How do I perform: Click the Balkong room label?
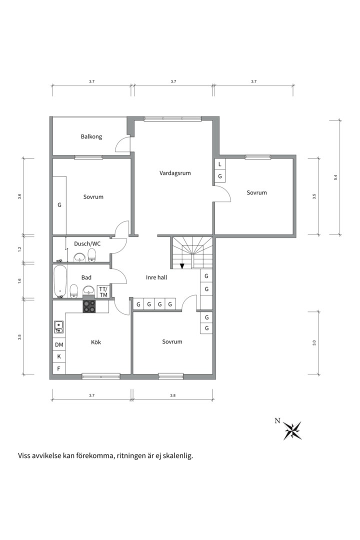click(x=91, y=136)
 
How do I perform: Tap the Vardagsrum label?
click(x=175, y=173)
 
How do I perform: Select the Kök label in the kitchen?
click(x=96, y=342)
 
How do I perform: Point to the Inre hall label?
click(x=156, y=277)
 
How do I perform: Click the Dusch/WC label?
click(x=87, y=244)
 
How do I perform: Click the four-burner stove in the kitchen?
click(x=89, y=306)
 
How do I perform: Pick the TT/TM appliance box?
click(x=103, y=292)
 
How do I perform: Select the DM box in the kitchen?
click(x=59, y=344)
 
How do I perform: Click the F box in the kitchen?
click(x=59, y=368)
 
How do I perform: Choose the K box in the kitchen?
click(x=59, y=356)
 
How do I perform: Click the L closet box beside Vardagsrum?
click(x=220, y=164)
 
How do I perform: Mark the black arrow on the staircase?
click(x=182, y=265)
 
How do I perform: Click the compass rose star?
click(x=292, y=430)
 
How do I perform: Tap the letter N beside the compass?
click(x=277, y=420)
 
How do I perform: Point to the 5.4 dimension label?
click(x=335, y=177)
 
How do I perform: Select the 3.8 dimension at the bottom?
click(x=172, y=395)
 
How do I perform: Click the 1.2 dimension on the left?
click(x=19, y=249)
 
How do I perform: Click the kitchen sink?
click(x=58, y=327)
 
